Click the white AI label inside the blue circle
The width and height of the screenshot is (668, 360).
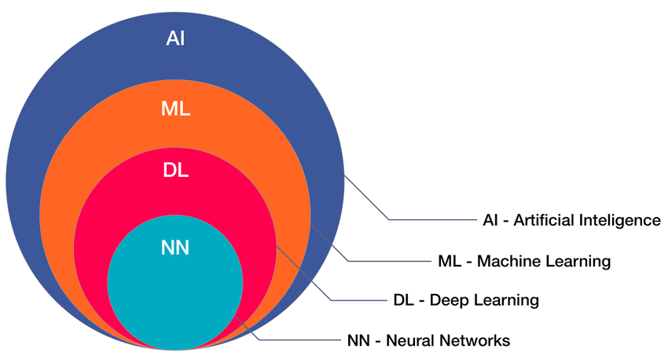[175, 39]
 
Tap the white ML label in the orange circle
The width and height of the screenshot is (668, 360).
[175, 109]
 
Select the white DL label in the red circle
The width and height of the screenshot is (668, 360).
[175, 170]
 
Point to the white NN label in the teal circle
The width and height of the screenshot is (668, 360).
[174, 248]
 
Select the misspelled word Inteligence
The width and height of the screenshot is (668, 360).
[620, 220]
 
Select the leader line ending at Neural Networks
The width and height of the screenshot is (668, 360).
[299, 340]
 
